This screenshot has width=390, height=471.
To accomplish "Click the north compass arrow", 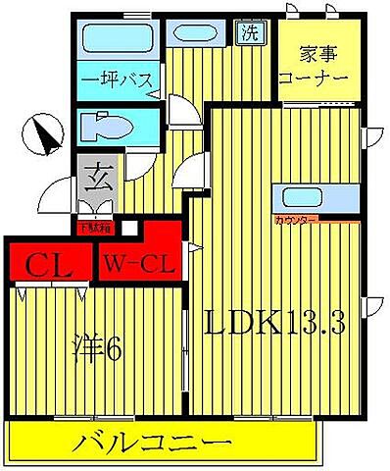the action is (x=40, y=134).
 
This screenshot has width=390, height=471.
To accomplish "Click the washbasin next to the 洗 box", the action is (x=198, y=32).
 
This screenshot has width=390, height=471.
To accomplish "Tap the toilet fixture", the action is (x=104, y=128).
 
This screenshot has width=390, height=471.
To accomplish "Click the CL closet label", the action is (x=45, y=264).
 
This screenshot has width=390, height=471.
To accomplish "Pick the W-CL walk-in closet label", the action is (x=138, y=264).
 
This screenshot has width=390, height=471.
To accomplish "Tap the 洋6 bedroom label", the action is (x=98, y=348).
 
